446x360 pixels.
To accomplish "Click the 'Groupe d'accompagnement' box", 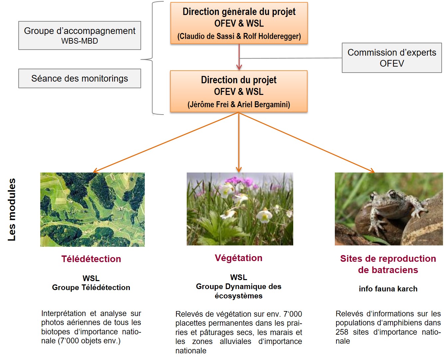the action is (x=80, y=35).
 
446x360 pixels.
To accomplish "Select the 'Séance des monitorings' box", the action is (x=80, y=78).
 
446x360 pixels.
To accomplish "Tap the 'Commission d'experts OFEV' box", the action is (x=392, y=58).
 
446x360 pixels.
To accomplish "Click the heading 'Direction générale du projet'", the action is (x=239, y=12).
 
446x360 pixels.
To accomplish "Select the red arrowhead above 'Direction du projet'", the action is (x=239, y=67).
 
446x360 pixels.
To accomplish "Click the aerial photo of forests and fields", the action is (x=93, y=209).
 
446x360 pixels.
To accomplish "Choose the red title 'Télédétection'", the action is (x=91, y=259).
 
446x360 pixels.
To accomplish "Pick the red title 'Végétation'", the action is (x=239, y=258).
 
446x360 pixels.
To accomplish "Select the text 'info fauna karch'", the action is (x=388, y=289).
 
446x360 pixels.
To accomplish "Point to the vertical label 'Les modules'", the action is (x=12, y=209).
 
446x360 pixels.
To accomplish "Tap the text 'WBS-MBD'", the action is (x=80, y=41).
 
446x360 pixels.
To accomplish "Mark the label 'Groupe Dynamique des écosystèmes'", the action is (x=239, y=291).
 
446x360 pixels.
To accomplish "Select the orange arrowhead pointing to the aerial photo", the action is (x=96, y=171).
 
